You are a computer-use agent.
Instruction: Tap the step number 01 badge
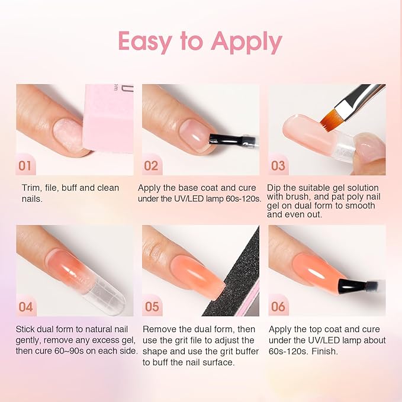[25, 166]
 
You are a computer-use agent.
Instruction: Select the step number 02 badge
[152, 166]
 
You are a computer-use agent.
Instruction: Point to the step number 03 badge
[278, 166]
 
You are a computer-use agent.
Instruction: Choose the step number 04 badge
[25, 307]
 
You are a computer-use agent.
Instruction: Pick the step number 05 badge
[152, 307]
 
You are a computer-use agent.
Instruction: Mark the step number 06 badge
[278, 307]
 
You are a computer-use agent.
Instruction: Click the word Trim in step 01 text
[31, 188]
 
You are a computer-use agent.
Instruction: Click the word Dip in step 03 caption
[275, 188]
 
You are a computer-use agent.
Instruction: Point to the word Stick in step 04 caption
[27, 329]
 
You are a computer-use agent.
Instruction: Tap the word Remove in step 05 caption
[158, 329]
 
